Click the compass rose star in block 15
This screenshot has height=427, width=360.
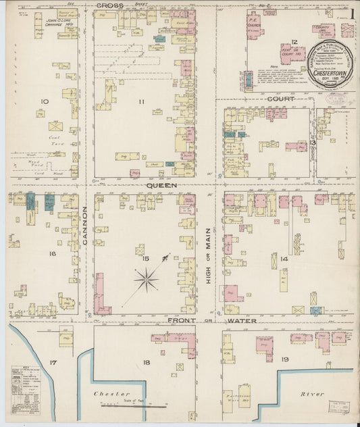tap(146, 278)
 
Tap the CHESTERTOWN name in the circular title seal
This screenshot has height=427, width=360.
tap(330, 73)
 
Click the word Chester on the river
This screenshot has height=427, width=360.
tap(107, 392)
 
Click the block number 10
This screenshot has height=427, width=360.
tap(45, 102)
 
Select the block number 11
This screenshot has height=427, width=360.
tap(141, 102)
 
